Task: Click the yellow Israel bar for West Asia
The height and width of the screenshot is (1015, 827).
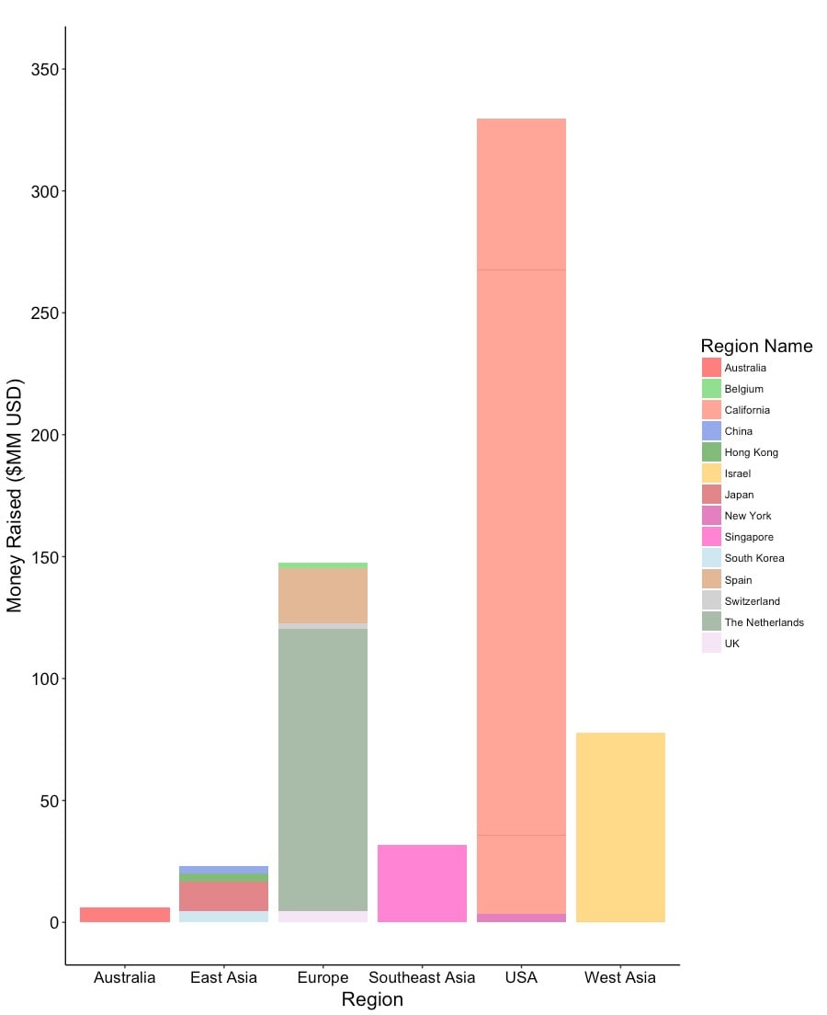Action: [x=620, y=827]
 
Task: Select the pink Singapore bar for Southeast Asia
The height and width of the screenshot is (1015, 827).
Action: [x=422, y=884]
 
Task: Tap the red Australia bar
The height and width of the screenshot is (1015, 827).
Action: [x=125, y=915]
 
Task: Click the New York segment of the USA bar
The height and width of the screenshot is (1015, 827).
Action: [x=521, y=918]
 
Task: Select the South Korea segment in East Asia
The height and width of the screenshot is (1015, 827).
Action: [x=224, y=917]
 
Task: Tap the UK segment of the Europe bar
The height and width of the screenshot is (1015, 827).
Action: [x=323, y=917]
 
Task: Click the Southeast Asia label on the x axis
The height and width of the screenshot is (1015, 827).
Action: [x=422, y=977]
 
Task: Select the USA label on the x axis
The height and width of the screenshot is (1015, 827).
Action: [x=521, y=977]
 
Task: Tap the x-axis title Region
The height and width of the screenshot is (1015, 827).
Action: [x=372, y=1000]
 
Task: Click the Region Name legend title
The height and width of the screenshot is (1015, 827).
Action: [x=756, y=346]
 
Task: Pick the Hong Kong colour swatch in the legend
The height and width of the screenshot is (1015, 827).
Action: [x=711, y=452]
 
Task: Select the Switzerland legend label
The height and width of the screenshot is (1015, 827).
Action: [x=752, y=601]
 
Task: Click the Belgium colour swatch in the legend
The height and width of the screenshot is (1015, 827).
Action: [x=711, y=389]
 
